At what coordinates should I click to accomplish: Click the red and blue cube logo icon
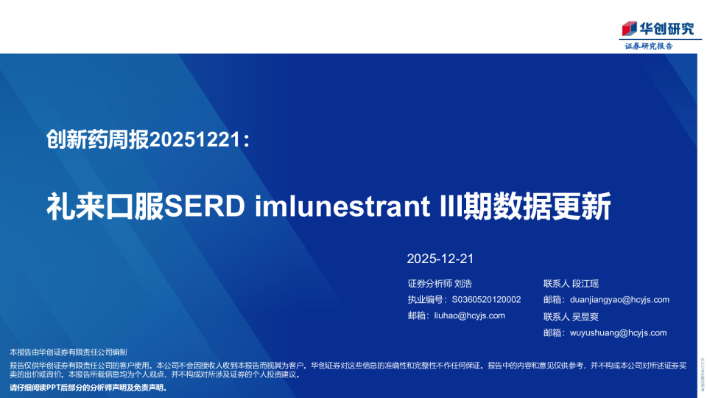pos(628,29)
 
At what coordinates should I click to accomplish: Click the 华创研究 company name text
pos(666,29)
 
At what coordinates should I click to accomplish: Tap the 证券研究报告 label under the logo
pos(648,46)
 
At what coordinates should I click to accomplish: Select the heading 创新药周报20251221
pos(147,138)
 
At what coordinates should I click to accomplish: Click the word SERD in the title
pos(213,207)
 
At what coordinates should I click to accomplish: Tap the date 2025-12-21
pos(439,259)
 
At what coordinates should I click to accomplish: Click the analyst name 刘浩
pos(463,283)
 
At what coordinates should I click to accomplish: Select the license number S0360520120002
pos(486,299)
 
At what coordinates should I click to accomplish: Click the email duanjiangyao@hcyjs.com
pos(619,299)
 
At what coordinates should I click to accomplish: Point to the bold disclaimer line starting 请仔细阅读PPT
pos(88,387)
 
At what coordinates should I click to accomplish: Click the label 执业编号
pos(426,299)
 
